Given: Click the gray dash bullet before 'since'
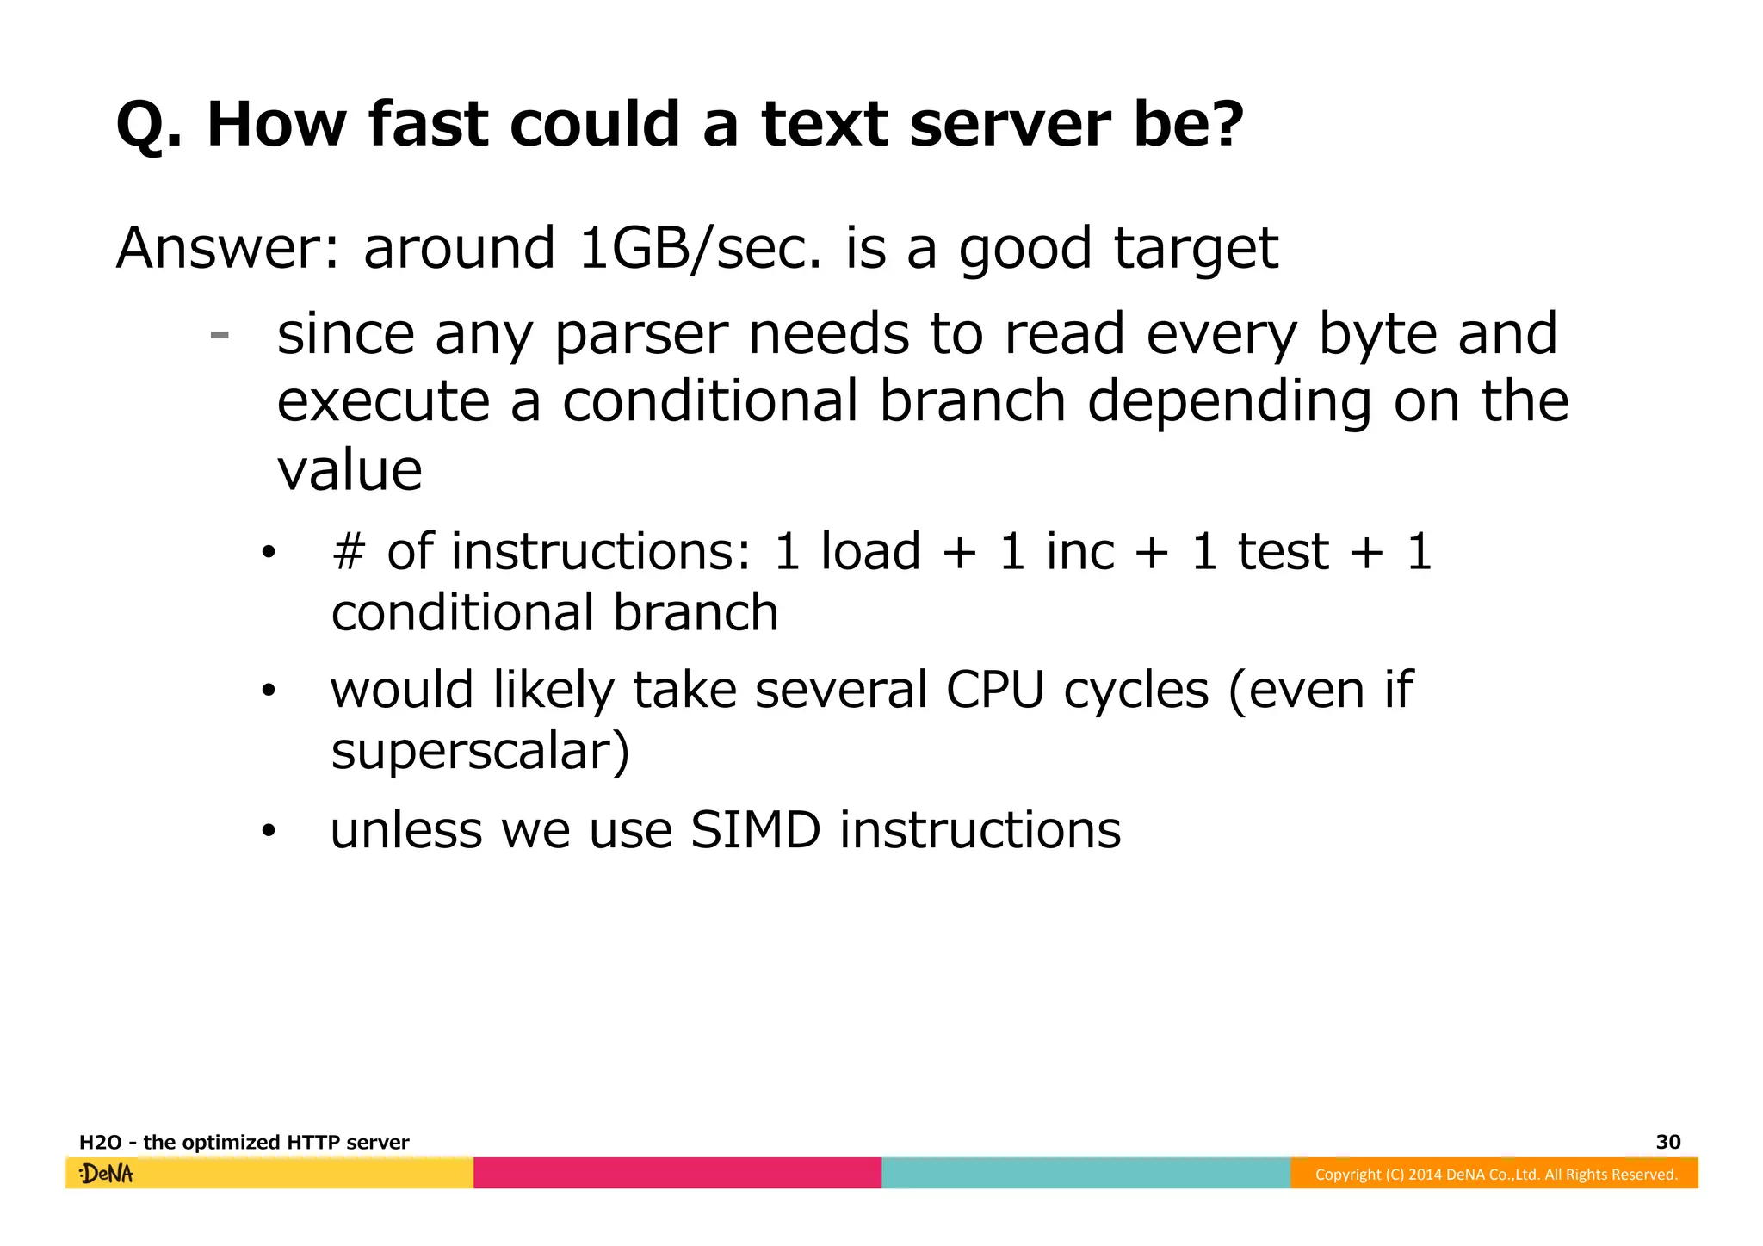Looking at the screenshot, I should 220,335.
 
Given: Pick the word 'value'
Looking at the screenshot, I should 350,470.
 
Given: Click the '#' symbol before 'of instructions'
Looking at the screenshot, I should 349,551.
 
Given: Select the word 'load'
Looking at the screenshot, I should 870,551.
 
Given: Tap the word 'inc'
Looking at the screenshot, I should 1079,551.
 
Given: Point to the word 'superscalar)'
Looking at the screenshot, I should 480,751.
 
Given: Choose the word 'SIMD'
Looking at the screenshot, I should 755,830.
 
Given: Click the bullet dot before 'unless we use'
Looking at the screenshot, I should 269,831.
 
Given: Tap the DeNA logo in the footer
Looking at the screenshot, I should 106,1174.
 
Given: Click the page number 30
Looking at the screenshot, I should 1667,1142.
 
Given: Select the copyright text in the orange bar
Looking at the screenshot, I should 1495,1175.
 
